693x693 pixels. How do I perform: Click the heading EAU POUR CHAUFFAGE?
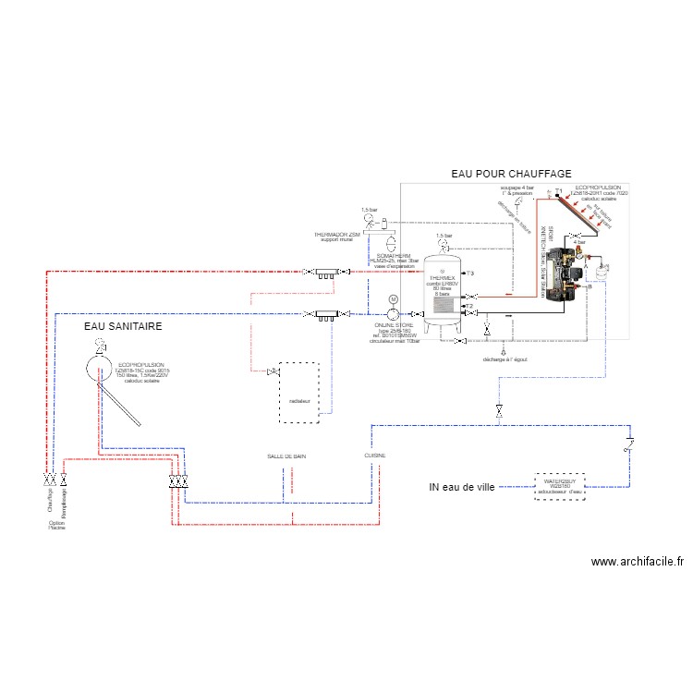pyautogui.click(x=511, y=174)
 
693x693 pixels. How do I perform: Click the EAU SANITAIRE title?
pyautogui.click(x=123, y=326)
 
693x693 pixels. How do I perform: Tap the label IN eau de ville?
pyautogui.click(x=463, y=487)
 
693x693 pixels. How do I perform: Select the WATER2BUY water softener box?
pyautogui.click(x=559, y=486)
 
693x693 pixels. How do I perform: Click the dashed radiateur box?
pyautogui.click(x=299, y=392)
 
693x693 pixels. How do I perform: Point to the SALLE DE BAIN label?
pyautogui.click(x=286, y=456)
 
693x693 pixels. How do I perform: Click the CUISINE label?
pyautogui.click(x=375, y=456)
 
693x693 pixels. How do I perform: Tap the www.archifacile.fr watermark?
pyautogui.click(x=637, y=561)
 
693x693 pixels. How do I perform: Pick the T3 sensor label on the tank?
pyautogui.click(x=470, y=274)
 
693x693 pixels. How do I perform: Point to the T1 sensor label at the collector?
pyautogui.click(x=558, y=191)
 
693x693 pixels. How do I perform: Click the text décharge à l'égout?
pyautogui.click(x=504, y=359)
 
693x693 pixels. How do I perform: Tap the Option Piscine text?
pyautogui.click(x=57, y=524)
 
